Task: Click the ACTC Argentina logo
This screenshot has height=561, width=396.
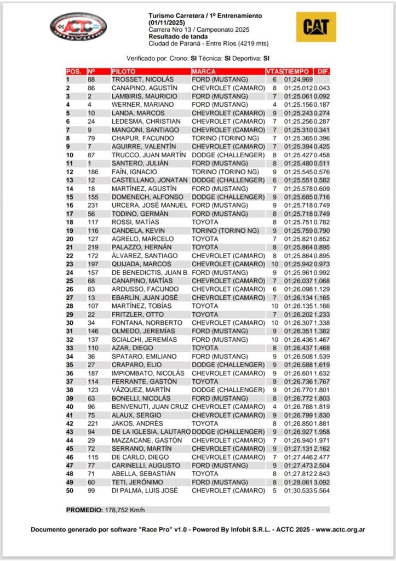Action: coord(78,27)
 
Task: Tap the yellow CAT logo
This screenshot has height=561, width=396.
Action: coord(316,27)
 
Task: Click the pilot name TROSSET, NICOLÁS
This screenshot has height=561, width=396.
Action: coord(142,79)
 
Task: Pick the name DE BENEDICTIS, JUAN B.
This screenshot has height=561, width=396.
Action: coord(150,272)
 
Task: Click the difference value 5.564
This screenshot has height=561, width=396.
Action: coord(322,490)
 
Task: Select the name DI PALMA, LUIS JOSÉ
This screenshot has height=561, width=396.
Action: coord(145,490)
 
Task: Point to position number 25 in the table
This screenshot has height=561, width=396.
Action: coord(70,280)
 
